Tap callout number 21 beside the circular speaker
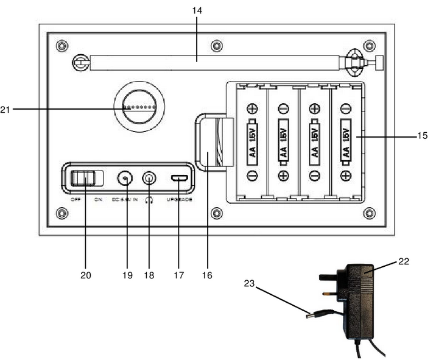tap(7, 110)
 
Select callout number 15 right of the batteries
tap(422, 137)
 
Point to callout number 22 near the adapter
tap(403, 261)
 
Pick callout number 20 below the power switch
tap(85, 275)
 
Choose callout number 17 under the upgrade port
tap(179, 275)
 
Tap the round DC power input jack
tap(125, 178)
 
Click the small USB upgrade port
tap(179, 178)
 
